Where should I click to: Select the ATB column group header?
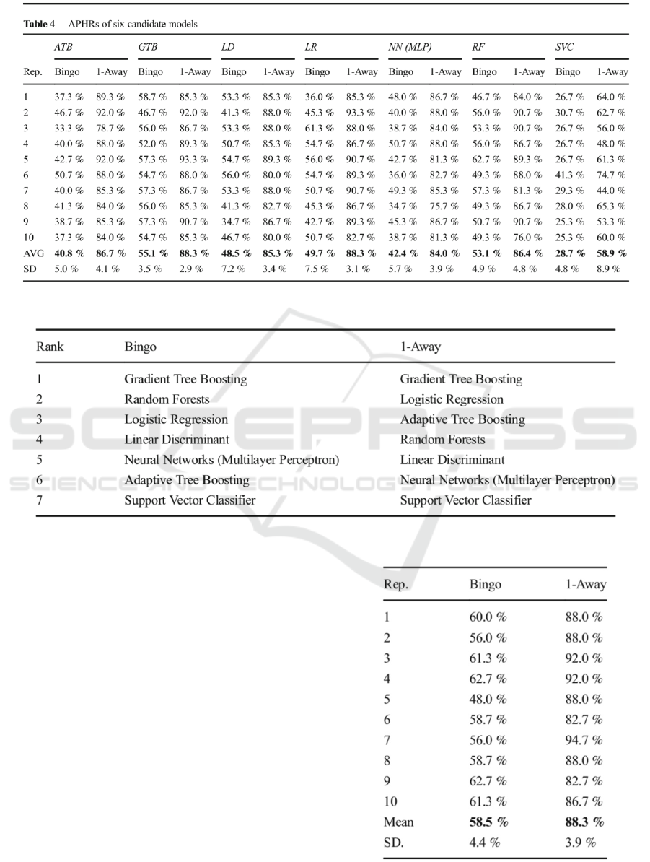coord(63,47)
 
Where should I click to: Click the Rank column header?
coord(50,347)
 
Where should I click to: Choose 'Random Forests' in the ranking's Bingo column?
coord(167,399)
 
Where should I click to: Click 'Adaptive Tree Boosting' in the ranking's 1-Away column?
coord(462,419)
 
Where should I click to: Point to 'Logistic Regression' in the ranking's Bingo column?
coord(176,419)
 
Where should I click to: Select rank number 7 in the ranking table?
coord(40,500)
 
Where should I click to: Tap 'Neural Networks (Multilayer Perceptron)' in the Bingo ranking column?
coord(232,460)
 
